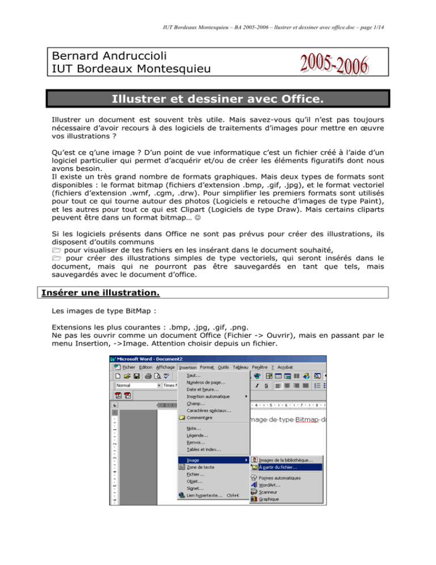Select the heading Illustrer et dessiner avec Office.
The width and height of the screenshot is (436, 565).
pyautogui.click(x=217, y=101)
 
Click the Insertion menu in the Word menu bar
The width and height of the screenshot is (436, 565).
pyautogui.click(x=187, y=367)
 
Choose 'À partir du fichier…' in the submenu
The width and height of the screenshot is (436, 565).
pyautogui.click(x=278, y=467)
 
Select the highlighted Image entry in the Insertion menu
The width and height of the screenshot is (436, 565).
pyautogui.click(x=194, y=459)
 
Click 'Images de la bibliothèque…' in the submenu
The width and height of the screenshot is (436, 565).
pyautogui.click(x=286, y=459)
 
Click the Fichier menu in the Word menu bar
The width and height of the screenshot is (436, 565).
pyautogui.click(x=128, y=367)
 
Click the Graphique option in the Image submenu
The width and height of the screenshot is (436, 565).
pyautogui.click(x=269, y=499)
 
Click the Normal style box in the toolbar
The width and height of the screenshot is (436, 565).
pyautogui.click(x=133, y=385)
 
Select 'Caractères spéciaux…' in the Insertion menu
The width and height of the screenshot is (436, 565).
pyautogui.click(x=208, y=410)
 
